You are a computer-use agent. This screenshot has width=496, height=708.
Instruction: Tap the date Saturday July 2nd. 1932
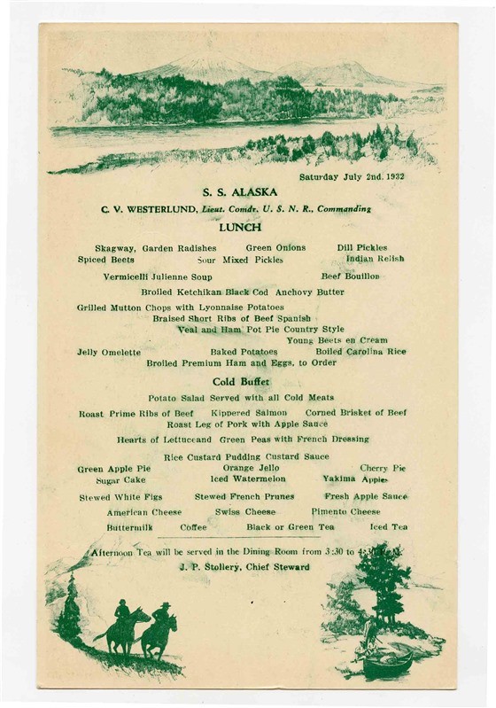[x=352, y=176]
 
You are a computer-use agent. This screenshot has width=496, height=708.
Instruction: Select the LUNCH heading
[x=240, y=227]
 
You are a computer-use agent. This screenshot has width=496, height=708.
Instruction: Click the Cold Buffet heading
[x=241, y=382]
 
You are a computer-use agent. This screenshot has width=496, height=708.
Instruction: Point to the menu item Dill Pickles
[x=362, y=248]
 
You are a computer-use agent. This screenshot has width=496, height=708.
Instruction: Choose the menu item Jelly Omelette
[x=109, y=352]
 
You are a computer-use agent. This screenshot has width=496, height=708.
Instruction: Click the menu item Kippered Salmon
[x=249, y=413]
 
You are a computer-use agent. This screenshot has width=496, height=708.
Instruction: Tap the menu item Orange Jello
[x=250, y=467]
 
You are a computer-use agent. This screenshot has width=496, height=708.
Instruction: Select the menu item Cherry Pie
[x=383, y=467]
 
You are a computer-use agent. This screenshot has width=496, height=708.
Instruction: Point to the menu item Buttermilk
[x=130, y=526]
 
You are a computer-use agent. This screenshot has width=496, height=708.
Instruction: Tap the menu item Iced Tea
[x=389, y=526]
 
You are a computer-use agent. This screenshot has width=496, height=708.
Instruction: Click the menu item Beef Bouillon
[x=350, y=276]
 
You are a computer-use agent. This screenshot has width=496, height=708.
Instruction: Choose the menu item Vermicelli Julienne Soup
[x=158, y=276]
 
